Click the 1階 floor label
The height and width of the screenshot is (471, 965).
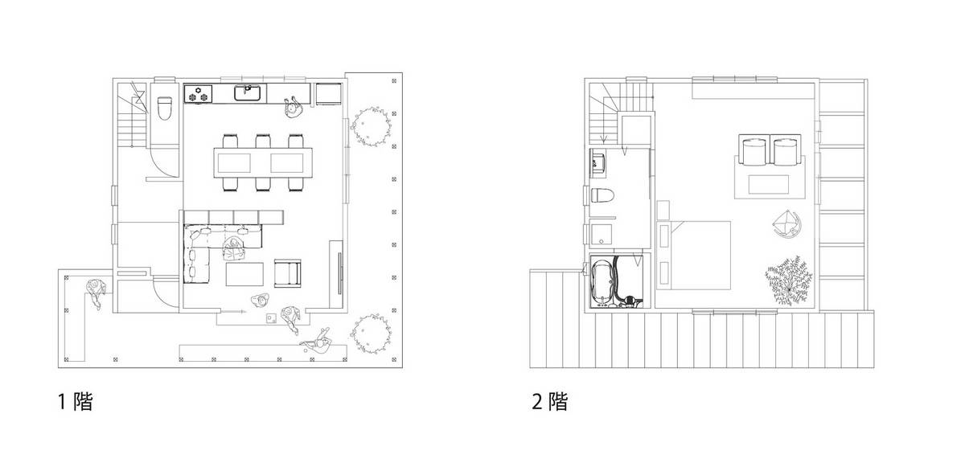[76, 401]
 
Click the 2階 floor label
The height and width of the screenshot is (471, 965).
[550, 401]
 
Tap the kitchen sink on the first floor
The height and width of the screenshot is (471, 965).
[247, 93]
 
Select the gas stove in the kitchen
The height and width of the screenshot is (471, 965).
[199, 94]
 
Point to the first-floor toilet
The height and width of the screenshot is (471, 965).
[164, 108]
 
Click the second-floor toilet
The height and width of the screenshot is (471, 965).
[602, 195]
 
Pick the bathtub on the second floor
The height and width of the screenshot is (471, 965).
[602, 281]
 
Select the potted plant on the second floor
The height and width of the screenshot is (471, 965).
[789, 281]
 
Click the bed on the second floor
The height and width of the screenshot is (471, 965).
[693, 256]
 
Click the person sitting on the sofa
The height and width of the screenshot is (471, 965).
[234, 250]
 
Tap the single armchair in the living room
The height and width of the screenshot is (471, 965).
[287, 273]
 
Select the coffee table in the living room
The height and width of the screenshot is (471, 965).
[244, 274]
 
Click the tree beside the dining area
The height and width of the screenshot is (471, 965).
[371, 127]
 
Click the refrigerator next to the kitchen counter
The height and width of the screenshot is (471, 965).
[329, 94]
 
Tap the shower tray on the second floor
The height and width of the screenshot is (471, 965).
[602, 234]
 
